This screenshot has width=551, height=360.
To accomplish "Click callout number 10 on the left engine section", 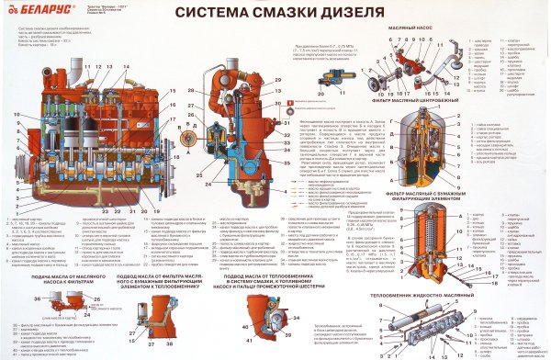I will [x=17, y=114].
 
